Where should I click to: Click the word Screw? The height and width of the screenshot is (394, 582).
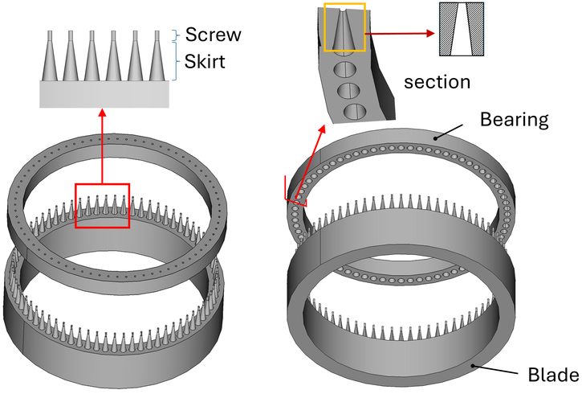tap(211, 35)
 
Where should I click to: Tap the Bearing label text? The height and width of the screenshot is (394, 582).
tap(514, 120)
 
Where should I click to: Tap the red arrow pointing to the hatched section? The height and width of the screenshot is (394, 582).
tap(401, 33)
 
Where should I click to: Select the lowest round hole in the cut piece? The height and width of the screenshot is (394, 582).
tap(351, 110)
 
